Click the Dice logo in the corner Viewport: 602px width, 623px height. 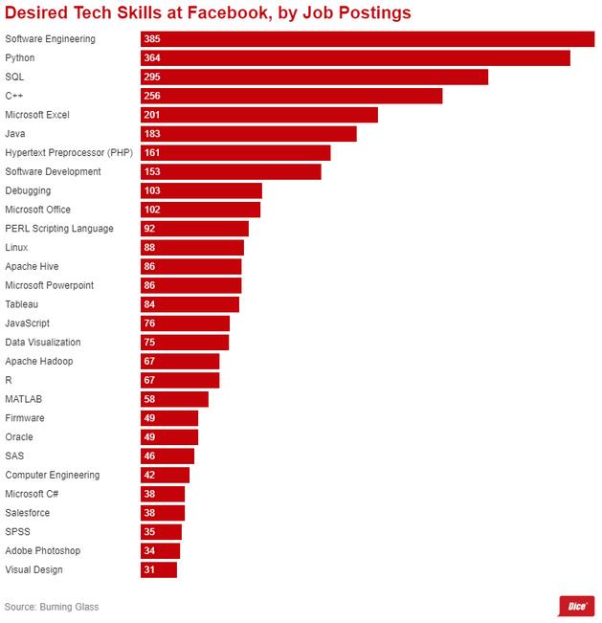[x=577, y=606]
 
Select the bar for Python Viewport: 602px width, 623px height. [x=355, y=58]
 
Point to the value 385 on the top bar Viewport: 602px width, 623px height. [x=151, y=39]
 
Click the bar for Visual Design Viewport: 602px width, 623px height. [x=159, y=570]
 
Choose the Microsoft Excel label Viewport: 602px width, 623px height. [x=37, y=115]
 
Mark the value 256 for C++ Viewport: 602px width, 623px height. [x=151, y=96]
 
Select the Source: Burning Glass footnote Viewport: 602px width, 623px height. [x=52, y=607]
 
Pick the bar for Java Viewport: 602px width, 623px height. [x=249, y=134]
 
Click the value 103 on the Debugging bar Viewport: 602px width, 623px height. [x=151, y=191]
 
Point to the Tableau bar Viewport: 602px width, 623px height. [x=190, y=304]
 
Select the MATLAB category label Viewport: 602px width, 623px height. [x=23, y=399]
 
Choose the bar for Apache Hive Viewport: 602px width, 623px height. [x=191, y=267]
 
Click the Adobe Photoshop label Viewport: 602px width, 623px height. [x=42, y=551]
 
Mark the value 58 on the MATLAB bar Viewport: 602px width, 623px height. [x=149, y=399]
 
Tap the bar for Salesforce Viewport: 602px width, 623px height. [x=163, y=513]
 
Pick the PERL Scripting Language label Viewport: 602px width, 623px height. [x=58, y=229]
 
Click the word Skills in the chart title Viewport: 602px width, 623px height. [x=131, y=12]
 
